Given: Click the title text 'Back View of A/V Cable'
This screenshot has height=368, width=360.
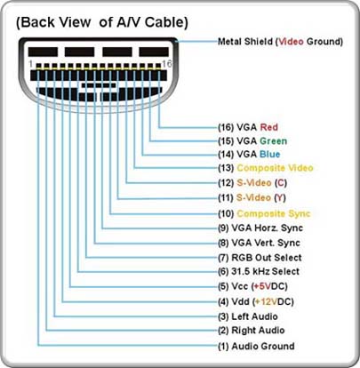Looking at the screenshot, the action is point(102,23).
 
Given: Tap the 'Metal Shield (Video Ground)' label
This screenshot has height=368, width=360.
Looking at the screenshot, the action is point(280,42).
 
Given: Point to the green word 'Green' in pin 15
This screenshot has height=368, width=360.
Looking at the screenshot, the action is point(273,141).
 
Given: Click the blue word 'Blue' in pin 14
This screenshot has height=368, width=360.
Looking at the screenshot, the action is point(269,155).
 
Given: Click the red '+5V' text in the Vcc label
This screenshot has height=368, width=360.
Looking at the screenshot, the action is point(262,286).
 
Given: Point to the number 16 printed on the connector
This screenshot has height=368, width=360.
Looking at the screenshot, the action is point(167,63).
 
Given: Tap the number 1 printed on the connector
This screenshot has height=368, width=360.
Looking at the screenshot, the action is point(30,63).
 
